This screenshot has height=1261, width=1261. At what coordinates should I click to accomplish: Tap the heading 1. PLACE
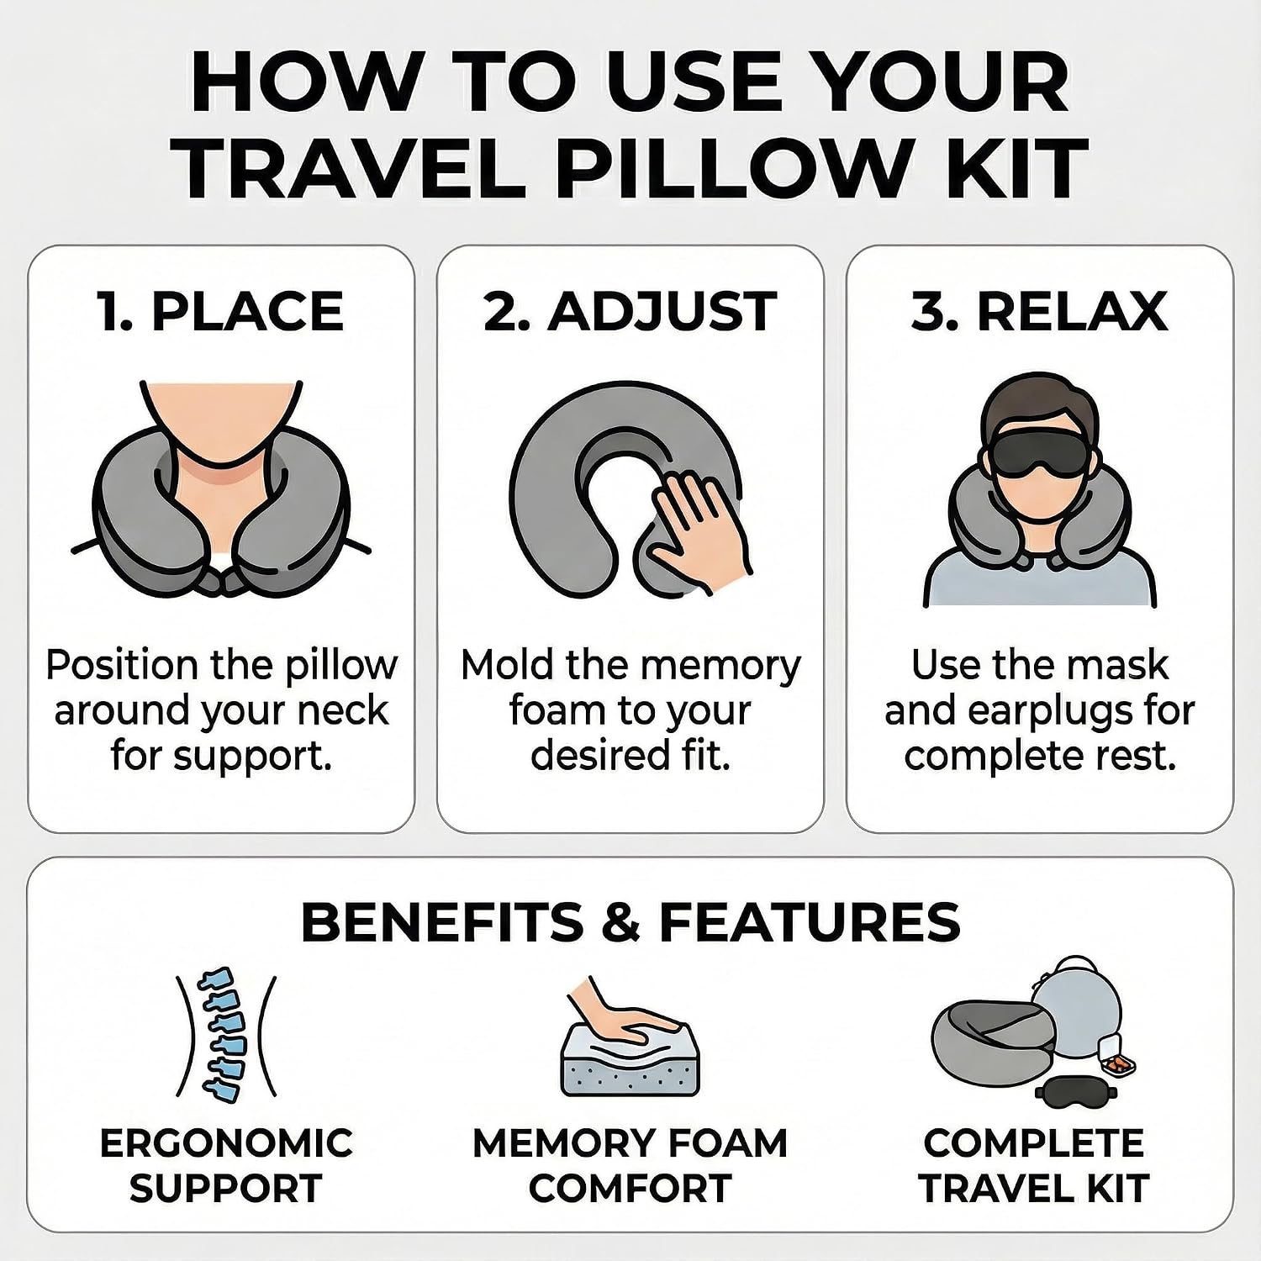221,311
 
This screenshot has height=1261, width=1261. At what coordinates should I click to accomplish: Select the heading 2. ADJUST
630,311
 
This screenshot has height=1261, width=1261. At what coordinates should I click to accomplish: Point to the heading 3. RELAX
1040,311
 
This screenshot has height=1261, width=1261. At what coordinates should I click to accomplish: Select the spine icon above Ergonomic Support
225,1035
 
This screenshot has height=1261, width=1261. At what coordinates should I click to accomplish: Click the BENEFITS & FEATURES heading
630,921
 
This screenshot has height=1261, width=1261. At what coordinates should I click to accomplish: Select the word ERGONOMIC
226,1143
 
